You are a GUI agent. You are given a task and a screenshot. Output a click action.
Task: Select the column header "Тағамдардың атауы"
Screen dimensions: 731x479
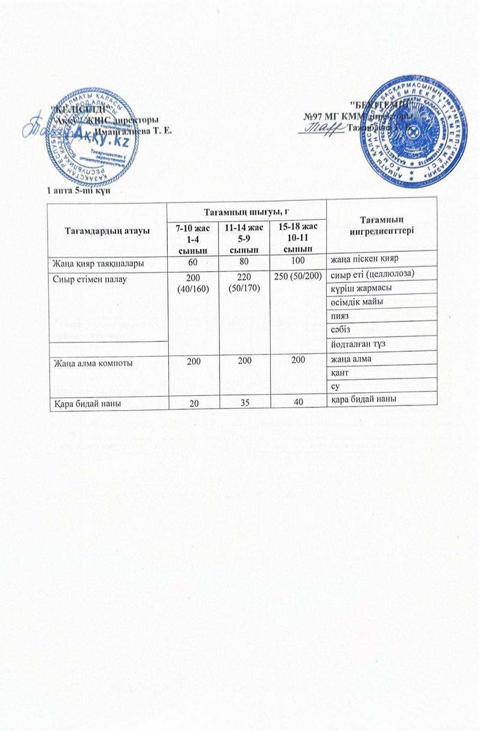pyautogui.click(x=107, y=230)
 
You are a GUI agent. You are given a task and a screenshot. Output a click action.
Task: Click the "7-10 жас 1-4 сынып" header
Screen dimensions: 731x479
pyautogui.click(x=192, y=238)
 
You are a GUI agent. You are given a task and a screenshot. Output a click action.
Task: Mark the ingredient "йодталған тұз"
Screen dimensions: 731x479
pyautogui.click(x=356, y=344)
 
